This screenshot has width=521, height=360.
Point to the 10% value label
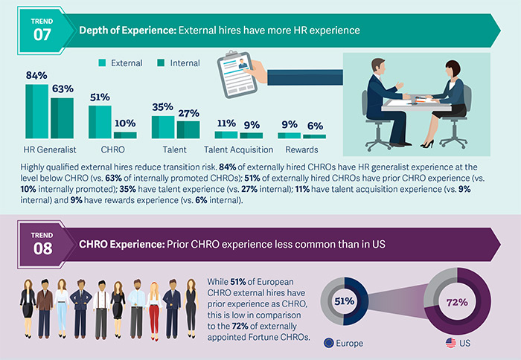tap(125, 123)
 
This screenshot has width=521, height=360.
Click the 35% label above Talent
tap(163, 107)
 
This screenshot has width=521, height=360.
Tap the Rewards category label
tap(302, 149)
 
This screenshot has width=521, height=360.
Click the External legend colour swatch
tap(102, 63)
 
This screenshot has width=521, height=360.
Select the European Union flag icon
tap(328, 343)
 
